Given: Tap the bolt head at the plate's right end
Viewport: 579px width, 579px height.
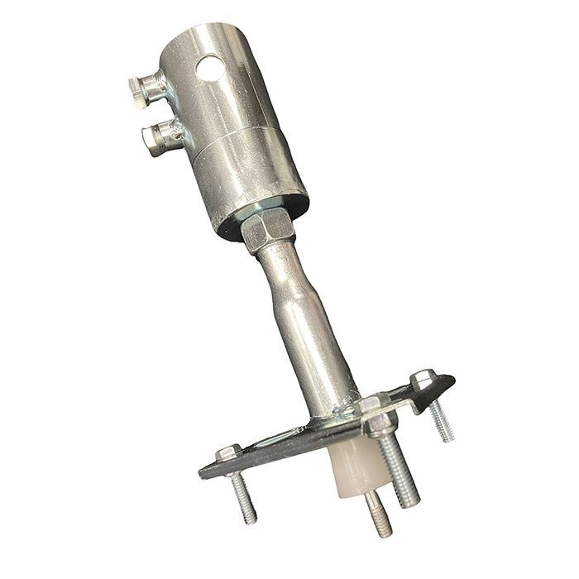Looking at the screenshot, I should click(x=423, y=380).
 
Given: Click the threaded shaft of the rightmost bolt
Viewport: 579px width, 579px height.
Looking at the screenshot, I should click(x=442, y=421).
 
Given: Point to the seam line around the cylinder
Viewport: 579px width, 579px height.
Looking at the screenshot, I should click(x=240, y=146).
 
